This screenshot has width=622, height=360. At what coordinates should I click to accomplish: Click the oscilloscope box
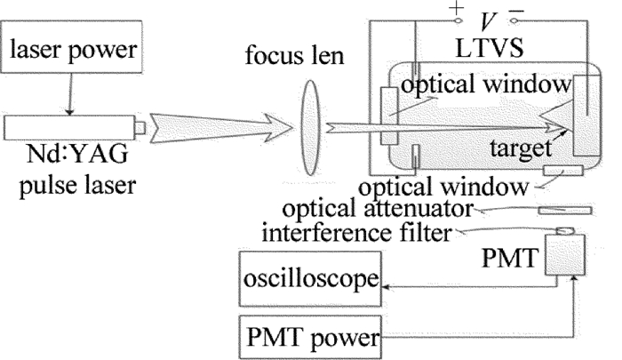point(311,284)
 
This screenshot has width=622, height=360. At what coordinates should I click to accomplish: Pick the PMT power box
point(311,338)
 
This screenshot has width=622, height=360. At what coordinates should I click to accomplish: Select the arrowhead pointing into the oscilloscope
point(387,285)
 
